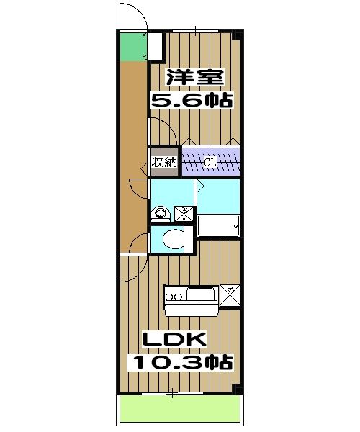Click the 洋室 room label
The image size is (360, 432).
coord(193,76)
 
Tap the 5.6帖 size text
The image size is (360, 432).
coord(191,99)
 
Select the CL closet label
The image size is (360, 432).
coord(209,162)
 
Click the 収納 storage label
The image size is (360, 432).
coord(163,162)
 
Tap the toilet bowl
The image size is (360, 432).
coord(171,239)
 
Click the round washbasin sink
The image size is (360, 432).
coord(161,213)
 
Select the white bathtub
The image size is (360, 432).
coord(218,227)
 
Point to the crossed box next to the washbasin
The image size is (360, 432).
coord(184,212)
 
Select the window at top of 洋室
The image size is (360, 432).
coord(194,31)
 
